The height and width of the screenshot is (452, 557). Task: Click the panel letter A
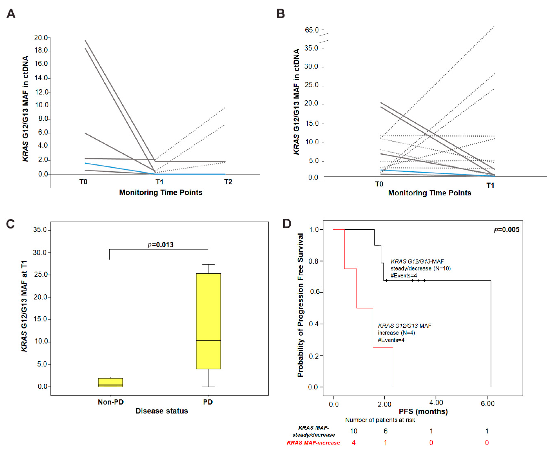11,13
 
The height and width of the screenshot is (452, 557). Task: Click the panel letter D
287,224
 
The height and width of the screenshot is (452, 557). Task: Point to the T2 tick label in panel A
228,182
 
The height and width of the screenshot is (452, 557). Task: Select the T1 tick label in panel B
490,185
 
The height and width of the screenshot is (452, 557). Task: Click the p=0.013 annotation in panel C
160,245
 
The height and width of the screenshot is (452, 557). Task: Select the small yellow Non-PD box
111,383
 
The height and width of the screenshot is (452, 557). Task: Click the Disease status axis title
162,411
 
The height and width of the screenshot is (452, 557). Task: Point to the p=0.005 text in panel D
506,230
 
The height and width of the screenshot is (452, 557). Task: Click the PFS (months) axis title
423,411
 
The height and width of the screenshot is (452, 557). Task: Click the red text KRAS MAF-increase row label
313,443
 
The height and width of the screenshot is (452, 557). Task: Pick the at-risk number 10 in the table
354,431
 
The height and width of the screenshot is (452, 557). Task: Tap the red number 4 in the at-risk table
354,443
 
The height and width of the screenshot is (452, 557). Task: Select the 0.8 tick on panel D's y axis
314,261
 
